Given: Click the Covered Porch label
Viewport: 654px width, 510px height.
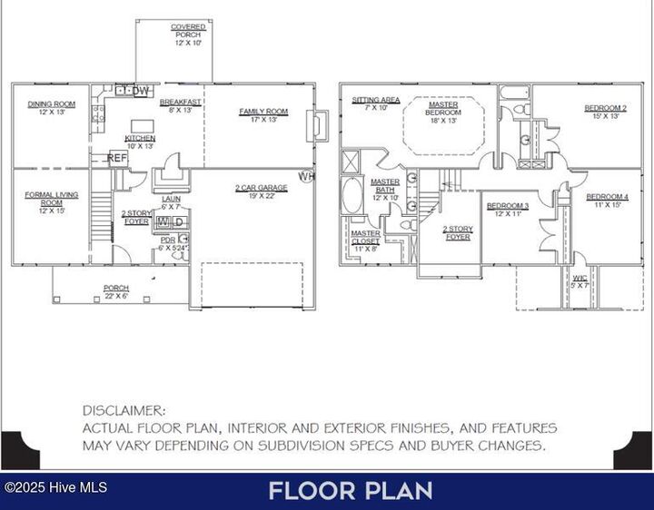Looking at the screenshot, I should (x=188, y=35).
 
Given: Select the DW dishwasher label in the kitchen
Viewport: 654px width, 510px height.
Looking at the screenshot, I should (x=140, y=90).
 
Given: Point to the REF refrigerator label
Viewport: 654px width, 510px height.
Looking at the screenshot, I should (x=117, y=158).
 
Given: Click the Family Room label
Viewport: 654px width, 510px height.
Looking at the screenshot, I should (x=263, y=115).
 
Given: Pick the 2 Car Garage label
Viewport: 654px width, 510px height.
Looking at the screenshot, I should (x=255, y=191).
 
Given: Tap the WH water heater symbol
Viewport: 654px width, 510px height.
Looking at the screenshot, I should (x=305, y=176).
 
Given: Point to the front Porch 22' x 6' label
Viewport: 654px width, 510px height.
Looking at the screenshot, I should (x=115, y=292).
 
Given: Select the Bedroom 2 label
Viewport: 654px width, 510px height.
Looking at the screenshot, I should (x=605, y=112).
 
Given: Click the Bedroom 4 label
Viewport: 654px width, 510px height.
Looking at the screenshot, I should (x=606, y=201).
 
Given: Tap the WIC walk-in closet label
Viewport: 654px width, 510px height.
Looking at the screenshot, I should (x=580, y=280).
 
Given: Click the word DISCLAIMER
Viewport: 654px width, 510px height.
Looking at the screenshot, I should (x=124, y=411).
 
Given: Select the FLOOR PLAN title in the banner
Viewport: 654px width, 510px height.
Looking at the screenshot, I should (x=350, y=491).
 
